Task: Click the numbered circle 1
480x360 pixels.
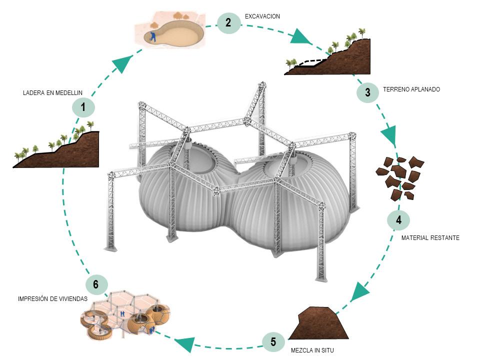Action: click(83, 107)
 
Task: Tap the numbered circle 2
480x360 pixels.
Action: click(228, 22)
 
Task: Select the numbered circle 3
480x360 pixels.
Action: click(367, 92)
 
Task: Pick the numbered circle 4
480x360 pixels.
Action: click(398, 220)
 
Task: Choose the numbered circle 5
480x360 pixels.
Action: click(273, 342)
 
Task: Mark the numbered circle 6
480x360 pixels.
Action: click(96, 284)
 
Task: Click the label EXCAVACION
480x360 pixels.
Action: click(262, 16)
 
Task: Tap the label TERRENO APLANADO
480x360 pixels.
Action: click(411, 89)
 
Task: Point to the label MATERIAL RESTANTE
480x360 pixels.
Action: click(430, 238)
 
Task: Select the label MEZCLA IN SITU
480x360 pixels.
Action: click(312, 350)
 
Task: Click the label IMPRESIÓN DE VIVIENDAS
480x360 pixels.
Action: click(52, 299)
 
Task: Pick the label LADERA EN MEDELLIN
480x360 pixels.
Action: click(52, 93)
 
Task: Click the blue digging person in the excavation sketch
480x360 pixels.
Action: click(153, 35)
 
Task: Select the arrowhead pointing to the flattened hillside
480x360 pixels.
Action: click(302, 36)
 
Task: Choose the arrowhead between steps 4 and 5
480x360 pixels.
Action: click(358, 292)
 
